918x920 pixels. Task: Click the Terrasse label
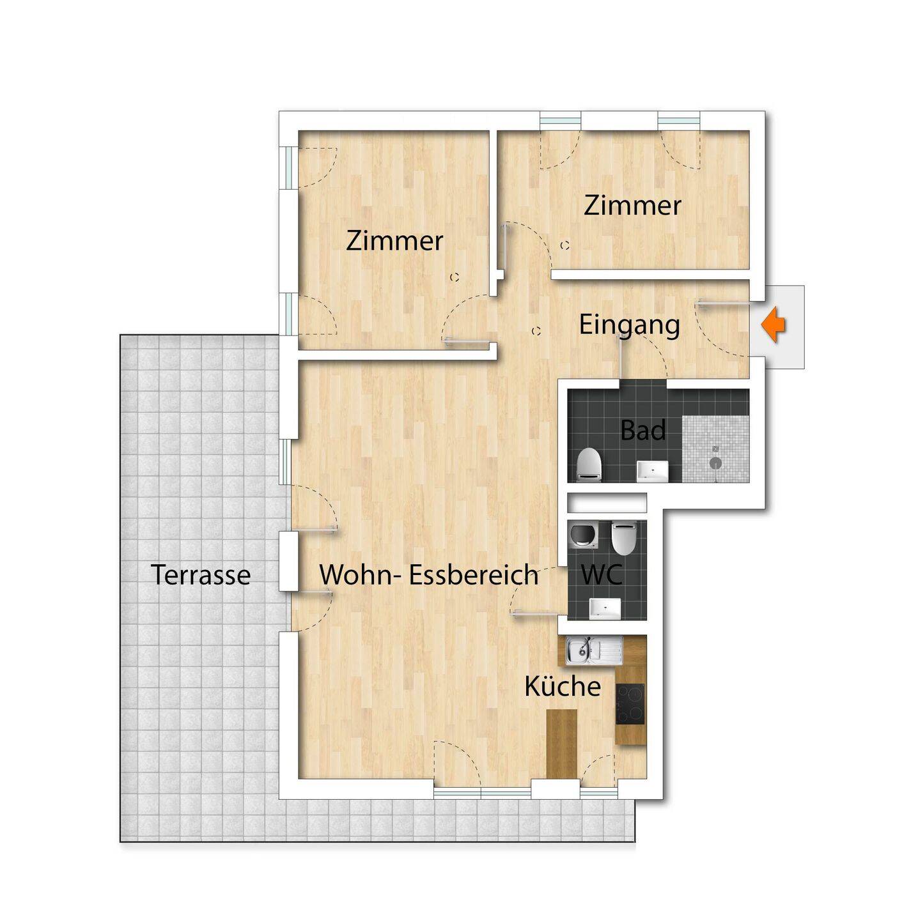pos(201,575)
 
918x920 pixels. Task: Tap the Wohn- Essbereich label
pos(429,575)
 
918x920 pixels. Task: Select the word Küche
pos(563,687)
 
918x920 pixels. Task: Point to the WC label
pos(602,575)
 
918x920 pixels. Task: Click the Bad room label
pos(642,430)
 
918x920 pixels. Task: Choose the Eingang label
pos(629,326)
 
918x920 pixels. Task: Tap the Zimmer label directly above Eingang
pos(632,206)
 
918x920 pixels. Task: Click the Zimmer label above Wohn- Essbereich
pos(394,241)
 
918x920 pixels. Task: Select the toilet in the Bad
pos(589,464)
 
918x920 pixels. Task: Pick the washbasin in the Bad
pos(652,470)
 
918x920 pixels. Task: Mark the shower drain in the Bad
pos(715,463)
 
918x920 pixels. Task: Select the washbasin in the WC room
pos(605,608)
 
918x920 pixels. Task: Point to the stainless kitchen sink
pos(593,650)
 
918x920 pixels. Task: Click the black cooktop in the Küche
pos(630,703)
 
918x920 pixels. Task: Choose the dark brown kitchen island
pos(561,749)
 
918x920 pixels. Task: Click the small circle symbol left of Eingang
pos(536,330)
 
